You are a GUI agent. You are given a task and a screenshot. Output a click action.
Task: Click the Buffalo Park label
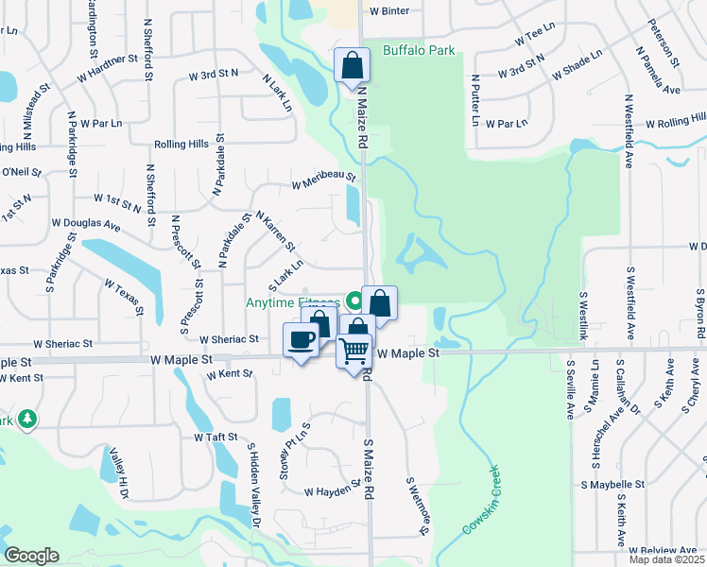point(419,50)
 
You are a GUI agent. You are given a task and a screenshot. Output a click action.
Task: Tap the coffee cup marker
point(302,340)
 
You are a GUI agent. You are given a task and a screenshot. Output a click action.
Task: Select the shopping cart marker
point(354,351)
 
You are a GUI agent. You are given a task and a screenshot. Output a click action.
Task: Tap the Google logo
point(31,555)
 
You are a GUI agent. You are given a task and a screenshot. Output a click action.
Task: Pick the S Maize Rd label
point(369,469)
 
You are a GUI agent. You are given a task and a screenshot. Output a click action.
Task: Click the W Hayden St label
point(334,490)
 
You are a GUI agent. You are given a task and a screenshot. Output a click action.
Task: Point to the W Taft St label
point(215,438)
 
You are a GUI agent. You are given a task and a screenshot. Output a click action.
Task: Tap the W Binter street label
point(389,11)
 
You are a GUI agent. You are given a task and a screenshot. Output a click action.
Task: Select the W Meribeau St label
point(323,179)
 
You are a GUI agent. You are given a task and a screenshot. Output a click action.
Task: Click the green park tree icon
point(28,419)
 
